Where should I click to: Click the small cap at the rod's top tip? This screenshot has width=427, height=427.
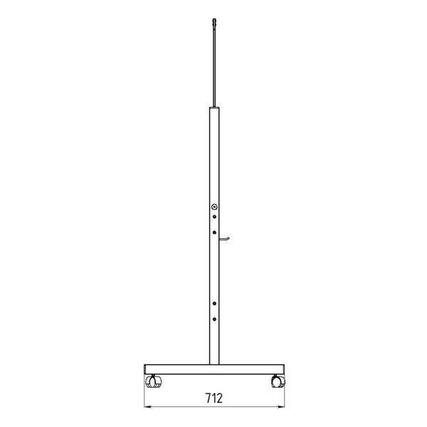[214, 22]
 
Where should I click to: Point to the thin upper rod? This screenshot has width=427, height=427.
[214, 66]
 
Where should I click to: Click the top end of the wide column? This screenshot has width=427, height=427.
[214, 108]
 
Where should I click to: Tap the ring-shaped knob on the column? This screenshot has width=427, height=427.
[214, 207]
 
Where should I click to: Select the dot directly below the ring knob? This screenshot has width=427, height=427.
[214, 217]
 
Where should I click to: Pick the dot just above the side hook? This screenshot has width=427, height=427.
[214, 233]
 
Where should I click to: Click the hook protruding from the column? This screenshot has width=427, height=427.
[224, 239]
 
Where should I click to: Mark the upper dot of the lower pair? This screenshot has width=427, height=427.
[214, 303]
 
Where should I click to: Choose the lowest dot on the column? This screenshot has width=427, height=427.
[214, 319]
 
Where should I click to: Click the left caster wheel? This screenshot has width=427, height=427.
[153, 381]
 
